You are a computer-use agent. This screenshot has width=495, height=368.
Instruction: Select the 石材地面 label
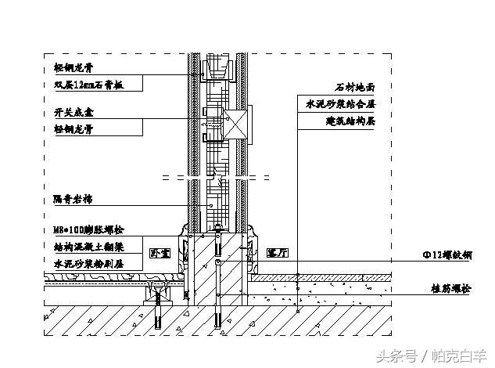[355, 88]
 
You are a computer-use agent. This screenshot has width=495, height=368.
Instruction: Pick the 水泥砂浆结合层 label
[341, 105]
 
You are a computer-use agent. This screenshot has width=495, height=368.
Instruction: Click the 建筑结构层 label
[350, 121]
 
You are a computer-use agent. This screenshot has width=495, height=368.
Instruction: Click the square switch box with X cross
[237, 126]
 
